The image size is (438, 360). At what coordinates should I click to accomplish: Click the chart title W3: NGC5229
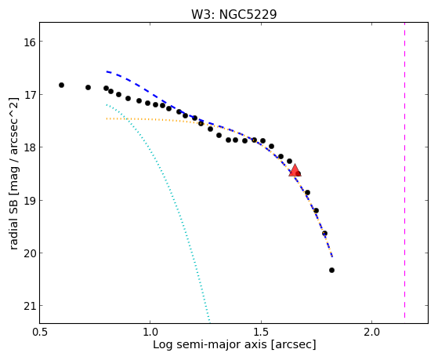point(233,14)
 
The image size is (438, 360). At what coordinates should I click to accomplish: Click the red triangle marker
point(295,171)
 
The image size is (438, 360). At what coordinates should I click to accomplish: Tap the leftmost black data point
point(61,85)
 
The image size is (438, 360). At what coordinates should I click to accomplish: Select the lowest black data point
point(331,271)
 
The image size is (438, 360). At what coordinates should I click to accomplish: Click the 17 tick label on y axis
point(29,95)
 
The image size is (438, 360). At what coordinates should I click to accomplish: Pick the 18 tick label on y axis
point(29,147)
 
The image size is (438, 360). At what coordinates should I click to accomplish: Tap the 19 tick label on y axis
point(29,201)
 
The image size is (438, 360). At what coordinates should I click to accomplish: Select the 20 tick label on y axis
point(29,253)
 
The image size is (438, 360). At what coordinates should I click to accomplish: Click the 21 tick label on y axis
point(29,307)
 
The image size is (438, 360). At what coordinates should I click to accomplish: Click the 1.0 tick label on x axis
point(150,332)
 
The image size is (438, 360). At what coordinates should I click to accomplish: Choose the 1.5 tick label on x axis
point(261,332)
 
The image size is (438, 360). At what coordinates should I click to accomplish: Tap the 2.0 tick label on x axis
point(372,332)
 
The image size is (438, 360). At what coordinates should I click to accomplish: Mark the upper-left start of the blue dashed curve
point(107,72)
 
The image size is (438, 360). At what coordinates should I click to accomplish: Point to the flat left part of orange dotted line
point(145,119)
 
